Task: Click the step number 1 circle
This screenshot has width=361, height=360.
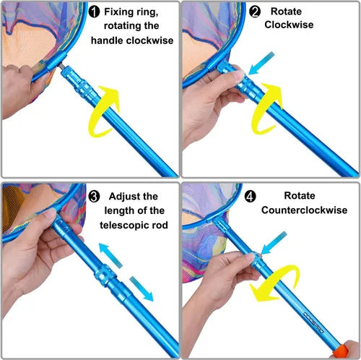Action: pos(94,12)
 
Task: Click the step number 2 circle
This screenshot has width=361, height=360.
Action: pos(254,12)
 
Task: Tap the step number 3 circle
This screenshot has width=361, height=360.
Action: pos(94,197)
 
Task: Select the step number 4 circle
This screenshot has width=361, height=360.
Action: pos(251,197)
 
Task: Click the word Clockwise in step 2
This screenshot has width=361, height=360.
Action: pos(289,25)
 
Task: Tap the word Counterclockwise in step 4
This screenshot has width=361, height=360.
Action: pos(304,210)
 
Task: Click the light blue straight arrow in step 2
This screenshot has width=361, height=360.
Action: pos(261,63)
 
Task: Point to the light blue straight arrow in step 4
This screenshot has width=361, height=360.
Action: pos(274,243)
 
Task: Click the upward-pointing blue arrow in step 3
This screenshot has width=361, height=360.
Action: pos(110,254)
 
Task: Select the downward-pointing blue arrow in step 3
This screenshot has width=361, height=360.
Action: pos(142,288)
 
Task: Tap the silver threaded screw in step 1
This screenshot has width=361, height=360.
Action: pos(61,65)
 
